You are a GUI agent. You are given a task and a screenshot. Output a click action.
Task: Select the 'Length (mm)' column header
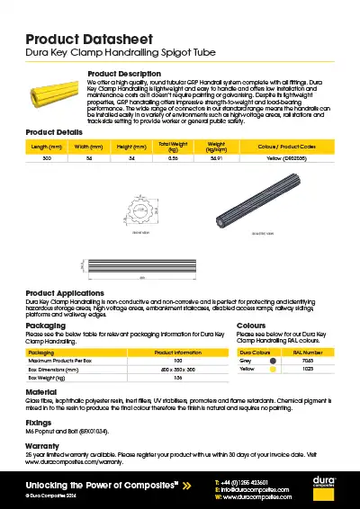(47, 146)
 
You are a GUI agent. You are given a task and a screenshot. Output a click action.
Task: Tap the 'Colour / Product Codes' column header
(286, 146)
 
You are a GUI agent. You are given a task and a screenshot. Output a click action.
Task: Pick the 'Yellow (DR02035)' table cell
(286, 158)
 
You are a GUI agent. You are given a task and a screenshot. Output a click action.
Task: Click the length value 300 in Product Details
(47, 158)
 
